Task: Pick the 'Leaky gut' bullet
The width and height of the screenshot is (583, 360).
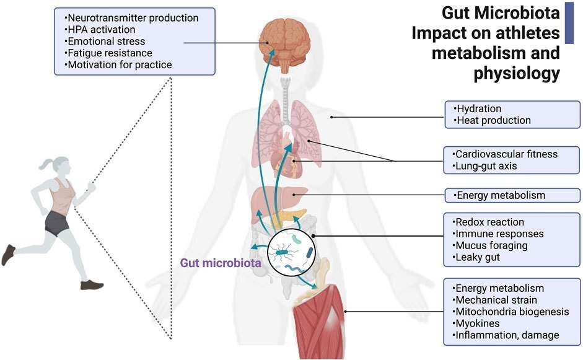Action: click(x=477, y=257)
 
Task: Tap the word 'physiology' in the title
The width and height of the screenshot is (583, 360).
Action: click(x=517, y=74)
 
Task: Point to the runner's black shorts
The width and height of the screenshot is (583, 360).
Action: click(x=57, y=224)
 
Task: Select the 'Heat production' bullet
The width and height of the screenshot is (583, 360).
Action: click(x=493, y=121)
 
